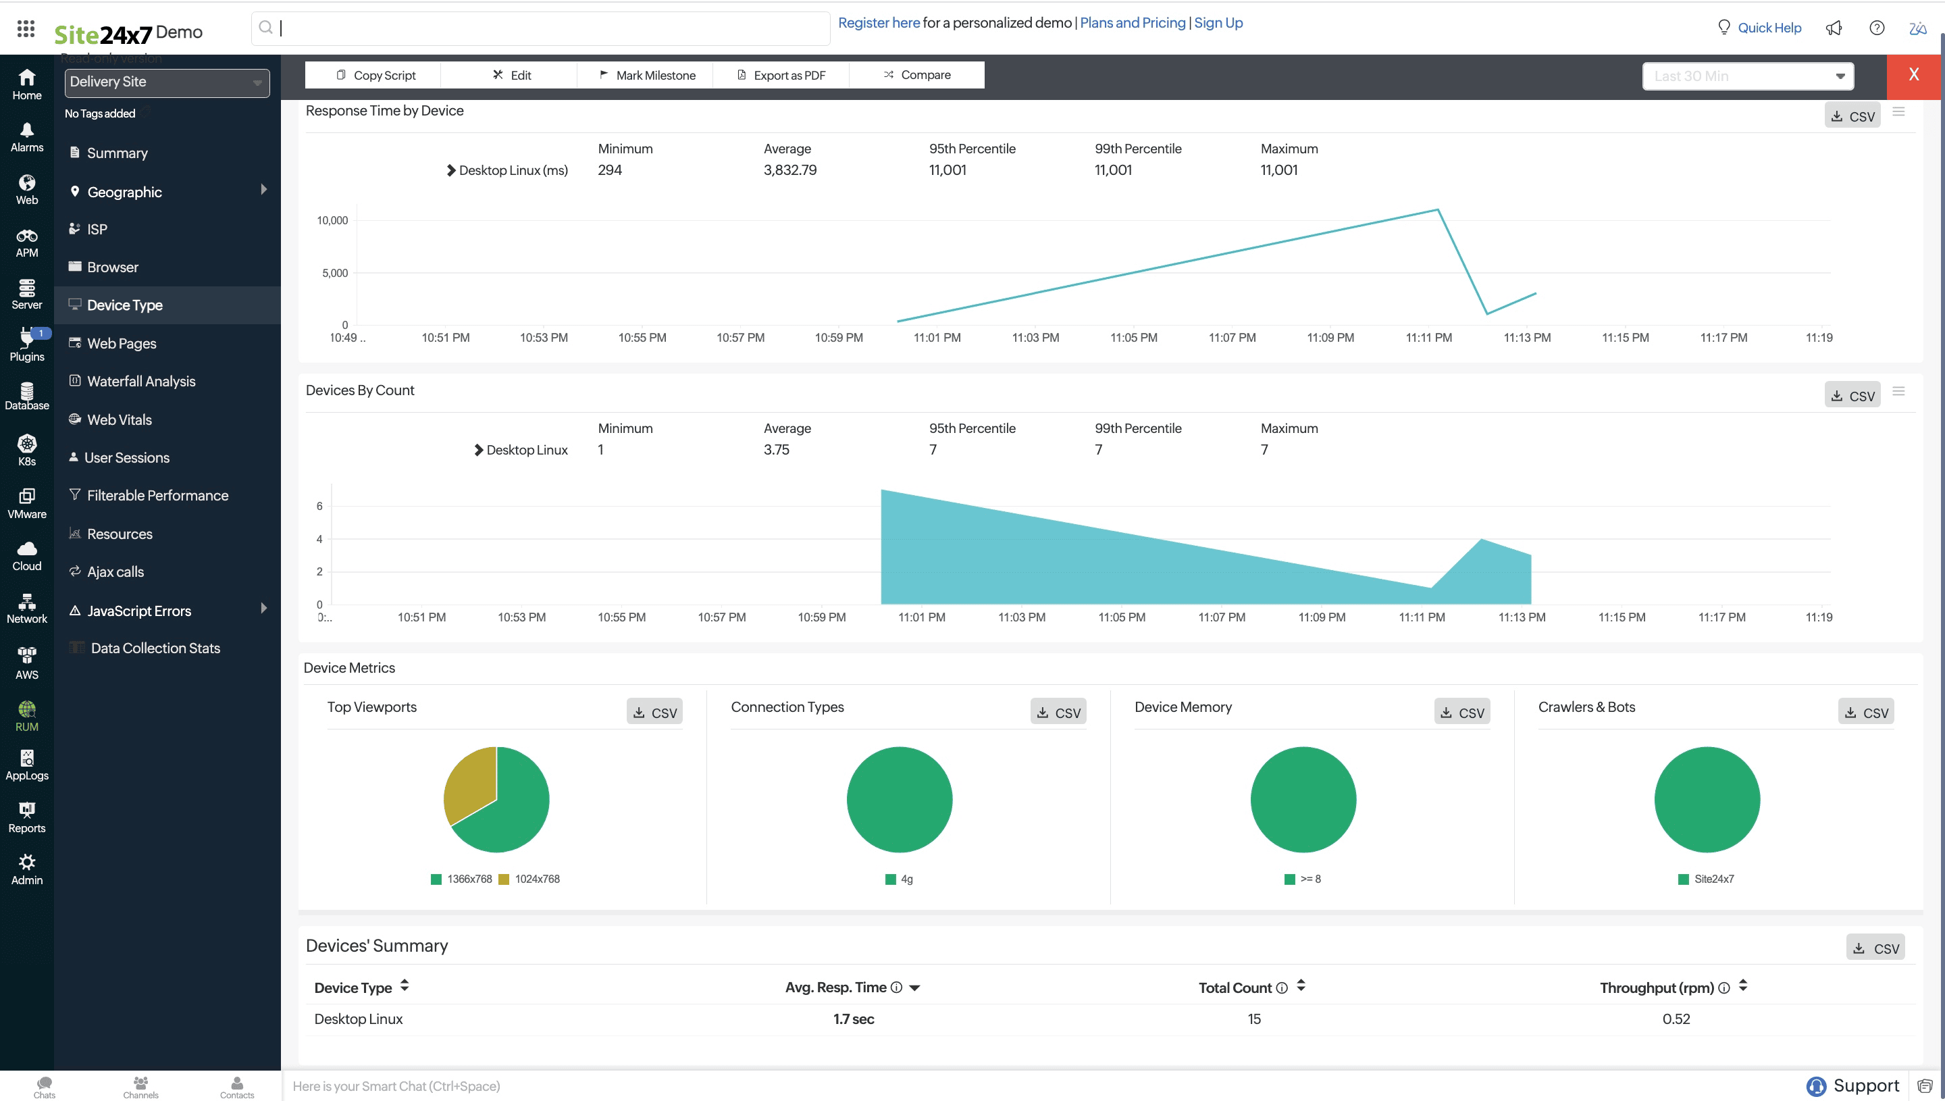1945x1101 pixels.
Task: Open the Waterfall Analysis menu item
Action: point(140,381)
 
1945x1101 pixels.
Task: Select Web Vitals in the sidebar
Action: point(119,419)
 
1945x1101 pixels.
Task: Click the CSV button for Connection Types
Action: point(1058,713)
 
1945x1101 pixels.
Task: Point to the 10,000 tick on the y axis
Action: point(332,221)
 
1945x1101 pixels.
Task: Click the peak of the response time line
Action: point(1437,210)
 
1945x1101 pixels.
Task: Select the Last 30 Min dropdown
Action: point(1747,76)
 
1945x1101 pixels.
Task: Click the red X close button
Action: point(1913,75)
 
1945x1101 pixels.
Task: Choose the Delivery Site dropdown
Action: point(166,82)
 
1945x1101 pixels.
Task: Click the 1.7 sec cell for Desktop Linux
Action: point(853,1019)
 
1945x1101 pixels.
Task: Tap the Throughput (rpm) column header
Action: point(1656,988)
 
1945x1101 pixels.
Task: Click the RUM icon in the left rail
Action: point(26,715)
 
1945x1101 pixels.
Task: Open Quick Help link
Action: point(1768,28)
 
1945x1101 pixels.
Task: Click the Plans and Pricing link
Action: point(1132,23)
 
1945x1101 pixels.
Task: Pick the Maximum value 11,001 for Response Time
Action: point(1278,170)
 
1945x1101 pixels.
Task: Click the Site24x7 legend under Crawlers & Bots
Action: point(1713,879)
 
